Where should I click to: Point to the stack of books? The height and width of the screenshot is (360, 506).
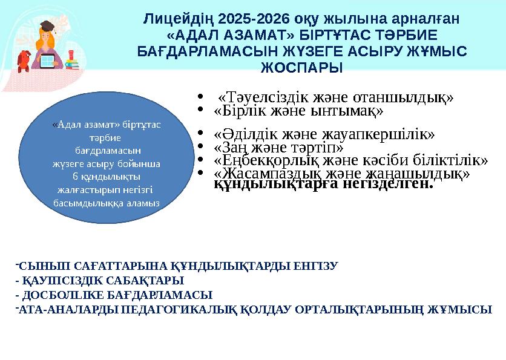pos(71,62)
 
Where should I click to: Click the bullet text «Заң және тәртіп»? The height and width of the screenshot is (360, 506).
pos(278,147)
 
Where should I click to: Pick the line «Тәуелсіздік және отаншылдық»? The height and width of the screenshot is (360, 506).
pos(335,97)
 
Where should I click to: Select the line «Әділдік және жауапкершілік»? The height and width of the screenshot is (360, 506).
pos(324,134)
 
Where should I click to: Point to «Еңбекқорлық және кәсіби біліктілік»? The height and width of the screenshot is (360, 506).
pos(350,160)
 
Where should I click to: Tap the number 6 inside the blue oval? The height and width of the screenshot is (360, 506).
pos(75,177)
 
